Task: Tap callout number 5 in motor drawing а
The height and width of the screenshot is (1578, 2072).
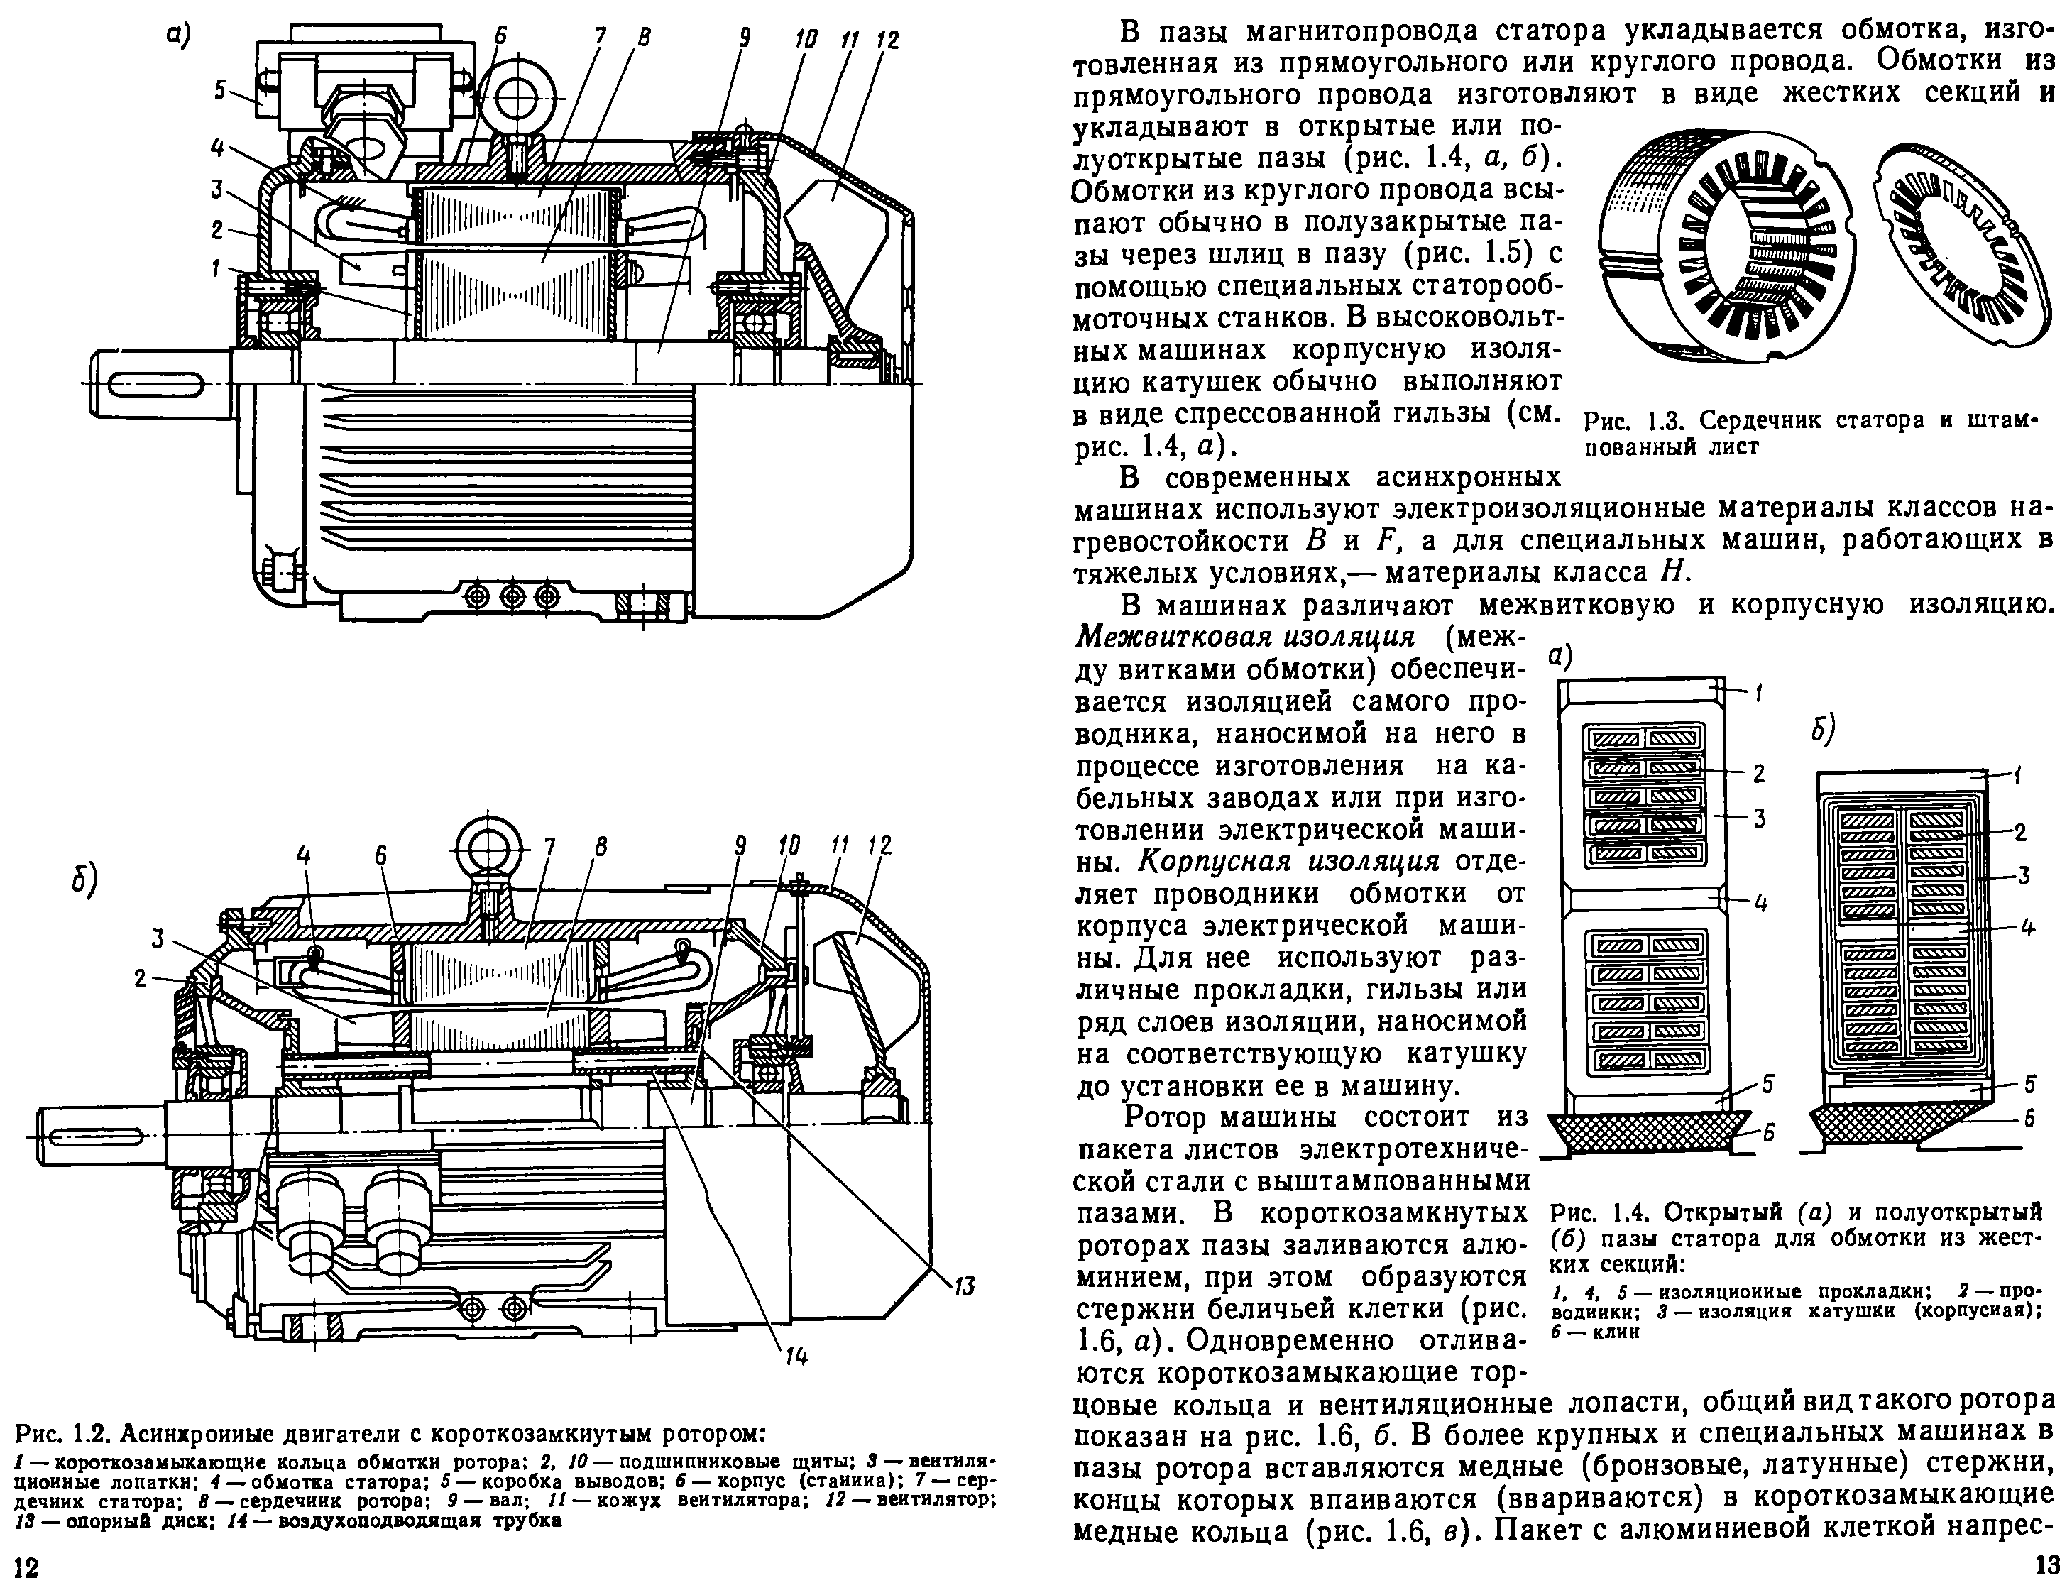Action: (220, 90)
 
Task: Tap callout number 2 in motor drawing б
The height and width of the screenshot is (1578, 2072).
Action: (141, 979)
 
